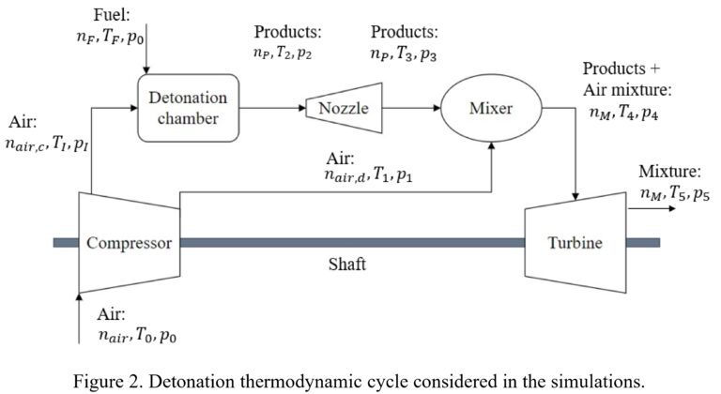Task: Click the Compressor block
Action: (x=130, y=243)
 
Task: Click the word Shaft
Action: (x=347, y=264)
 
